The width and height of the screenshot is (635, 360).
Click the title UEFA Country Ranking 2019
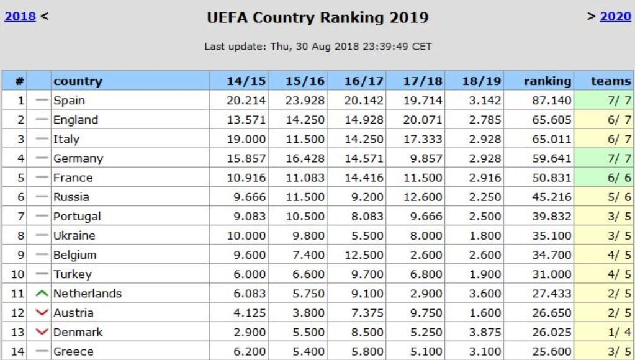(x=318, y=19)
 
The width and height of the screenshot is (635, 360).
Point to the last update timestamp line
(x=318, y=46)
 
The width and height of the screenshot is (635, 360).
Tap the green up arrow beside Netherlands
(x=41, y=293)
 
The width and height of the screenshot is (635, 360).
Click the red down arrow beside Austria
(x=41, y=312)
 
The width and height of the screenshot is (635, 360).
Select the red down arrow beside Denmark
(x=41, y=331)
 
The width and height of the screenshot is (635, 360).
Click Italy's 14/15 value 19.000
(x=247, y=138)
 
